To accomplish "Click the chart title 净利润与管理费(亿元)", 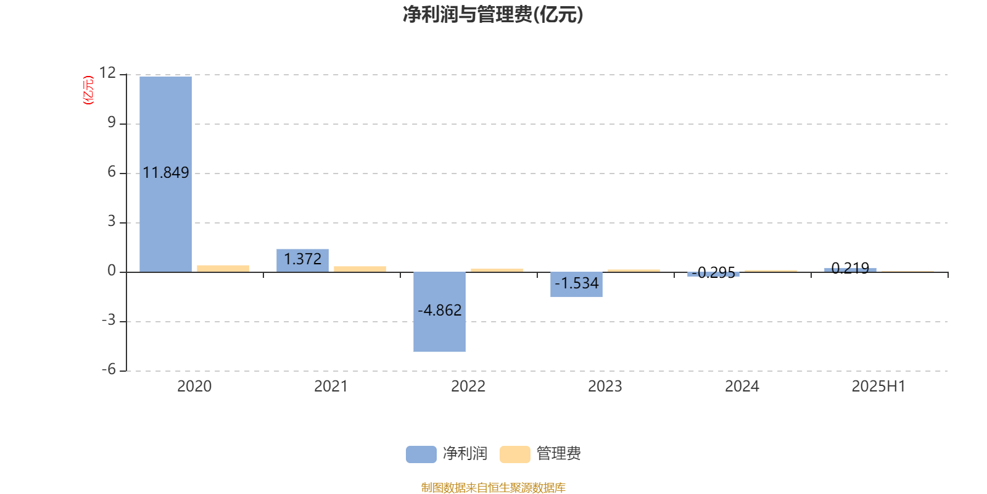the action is (493, 15).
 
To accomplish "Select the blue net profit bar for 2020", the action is (166, 174).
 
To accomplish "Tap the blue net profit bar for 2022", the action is (439, 312).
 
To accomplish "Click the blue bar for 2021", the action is (302, 261).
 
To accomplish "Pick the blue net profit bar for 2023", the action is (576, 285).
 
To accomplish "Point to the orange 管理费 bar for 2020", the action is (223, 269).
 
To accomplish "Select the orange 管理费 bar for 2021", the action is (360, 269).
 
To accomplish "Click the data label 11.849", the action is (166, 172).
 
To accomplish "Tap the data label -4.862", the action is (440, 311).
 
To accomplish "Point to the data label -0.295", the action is (713, 272).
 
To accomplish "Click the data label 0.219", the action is (851, 268).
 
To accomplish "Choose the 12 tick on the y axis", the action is (107, 73).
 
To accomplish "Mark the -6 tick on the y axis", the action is (109, 370).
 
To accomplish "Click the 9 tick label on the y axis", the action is (112, 122).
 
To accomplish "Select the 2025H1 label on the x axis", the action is (878, 387).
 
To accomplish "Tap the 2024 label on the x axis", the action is (742, 387).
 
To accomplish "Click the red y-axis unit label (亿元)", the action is (89, 90).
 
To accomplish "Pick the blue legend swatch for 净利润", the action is (421, 454).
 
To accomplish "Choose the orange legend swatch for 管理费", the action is (514, 454).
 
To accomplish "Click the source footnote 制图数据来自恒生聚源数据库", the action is (493, 487).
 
